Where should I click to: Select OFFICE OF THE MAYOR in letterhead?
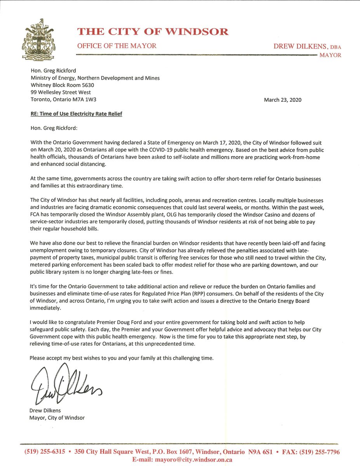117,46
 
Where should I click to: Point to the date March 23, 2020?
282,100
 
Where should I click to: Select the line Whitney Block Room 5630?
62,85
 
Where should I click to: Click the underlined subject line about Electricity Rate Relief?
76,114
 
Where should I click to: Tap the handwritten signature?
66,384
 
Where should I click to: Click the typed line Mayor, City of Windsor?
57,418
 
